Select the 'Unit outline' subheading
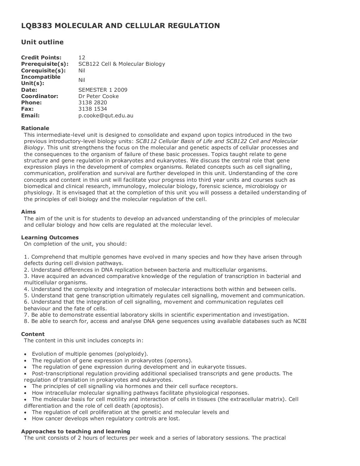pyautogui.click(x=42, y=42)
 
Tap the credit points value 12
pyautogui.click(x=82, y=58)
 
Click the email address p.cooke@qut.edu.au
pyautogui.click(x=105, y=116)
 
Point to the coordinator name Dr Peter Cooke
pyautogui.click(x=98, y=96)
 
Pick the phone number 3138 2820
pyautogui.click(x=92, y=103)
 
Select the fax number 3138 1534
pyautogui.click(x=92, y=109)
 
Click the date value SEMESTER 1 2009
pyautogui.click(x=103, y=90)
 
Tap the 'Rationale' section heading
pyautogui.click(x=35, y=128)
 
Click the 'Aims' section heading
pyautogui.click(x=28, y=212)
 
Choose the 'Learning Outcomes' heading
pyautogui.click(x=50, y=238)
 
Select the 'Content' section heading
pyautogui.click(x=33, y=334)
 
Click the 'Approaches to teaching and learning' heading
pyautogui.click(x=76, y=432)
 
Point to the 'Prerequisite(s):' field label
pyautogui.click(x=45, y=64)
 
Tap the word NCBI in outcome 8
pyautogui.click(x=300, y=321)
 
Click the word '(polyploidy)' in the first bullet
pyautogui.click(x=131, y=354)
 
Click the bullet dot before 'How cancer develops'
pyautogui.click(x=26, y=419)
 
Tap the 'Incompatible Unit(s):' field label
pyautogui.click(x=41, y=80)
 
